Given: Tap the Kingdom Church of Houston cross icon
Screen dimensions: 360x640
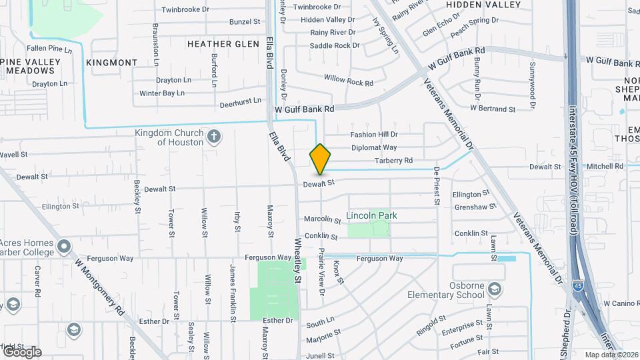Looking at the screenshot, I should click(214, 137).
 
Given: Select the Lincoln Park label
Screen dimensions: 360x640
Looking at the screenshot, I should click(371, 215).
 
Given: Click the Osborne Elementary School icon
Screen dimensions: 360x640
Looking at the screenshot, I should click(495, 289).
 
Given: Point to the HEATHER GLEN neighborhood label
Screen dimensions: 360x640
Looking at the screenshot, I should click(223, 44).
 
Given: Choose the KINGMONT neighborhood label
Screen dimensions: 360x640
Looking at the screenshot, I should click(112, 63).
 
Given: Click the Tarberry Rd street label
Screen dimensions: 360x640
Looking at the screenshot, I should click(393, 161).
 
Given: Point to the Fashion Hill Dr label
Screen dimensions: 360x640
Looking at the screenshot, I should click(374, 135).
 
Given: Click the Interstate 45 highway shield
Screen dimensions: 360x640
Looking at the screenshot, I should click(577, 285).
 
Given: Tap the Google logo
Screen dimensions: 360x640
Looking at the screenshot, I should click(21, 351).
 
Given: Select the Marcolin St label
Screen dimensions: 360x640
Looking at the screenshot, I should click(318, 219).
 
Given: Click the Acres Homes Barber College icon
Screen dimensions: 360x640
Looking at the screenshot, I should click(64, 247).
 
